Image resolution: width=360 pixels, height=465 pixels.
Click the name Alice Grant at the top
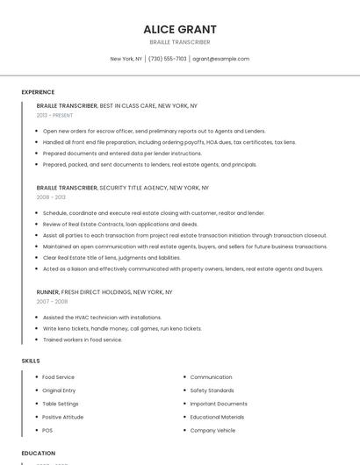[180, 29]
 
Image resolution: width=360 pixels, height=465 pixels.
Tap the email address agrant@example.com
[220, 59]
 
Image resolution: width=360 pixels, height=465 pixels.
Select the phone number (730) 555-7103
[168, 59]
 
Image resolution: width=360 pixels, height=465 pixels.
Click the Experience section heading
[38, 92]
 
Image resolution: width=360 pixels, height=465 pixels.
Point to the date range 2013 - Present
[54, 115]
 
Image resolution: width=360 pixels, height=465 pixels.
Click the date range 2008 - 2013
[51, 197]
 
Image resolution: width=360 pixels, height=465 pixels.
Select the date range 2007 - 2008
[52, 301]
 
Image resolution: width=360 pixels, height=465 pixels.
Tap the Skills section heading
[31, 361]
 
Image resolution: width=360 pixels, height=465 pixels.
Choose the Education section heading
[38, 454]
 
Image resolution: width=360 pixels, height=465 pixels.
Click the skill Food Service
[59, 377]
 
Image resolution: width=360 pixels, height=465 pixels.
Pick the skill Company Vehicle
[212, 431]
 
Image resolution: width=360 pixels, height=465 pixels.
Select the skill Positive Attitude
[63, 417]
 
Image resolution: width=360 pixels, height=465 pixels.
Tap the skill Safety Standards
[212, 390]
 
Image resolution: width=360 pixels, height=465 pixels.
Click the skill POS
[47, 431]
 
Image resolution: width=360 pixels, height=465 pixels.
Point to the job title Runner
[47, 291]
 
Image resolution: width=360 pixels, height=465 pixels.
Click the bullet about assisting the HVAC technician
[102, 318]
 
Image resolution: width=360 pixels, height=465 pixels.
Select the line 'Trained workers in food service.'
[83, 340]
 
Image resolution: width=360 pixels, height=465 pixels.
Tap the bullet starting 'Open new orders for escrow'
[154, 131]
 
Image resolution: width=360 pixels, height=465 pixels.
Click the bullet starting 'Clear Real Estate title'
[112, 258]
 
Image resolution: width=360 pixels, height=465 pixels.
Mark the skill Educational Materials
[217, 417]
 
